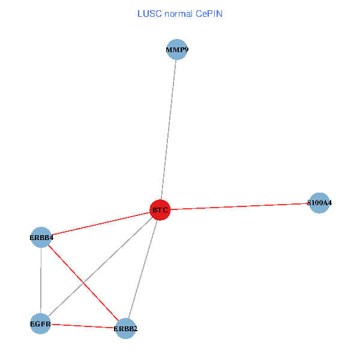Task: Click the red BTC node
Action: pyautogui.click(x=160, y=210)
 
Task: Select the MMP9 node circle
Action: pyautogui.click(x=176, y=50)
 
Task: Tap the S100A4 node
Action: pyautogui.click(x=319, y=203)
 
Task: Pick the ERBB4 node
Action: pyautogui.click(x=41, y=238)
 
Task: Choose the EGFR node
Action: pyautogui.click(x=40, y=324)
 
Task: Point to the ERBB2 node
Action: pyautogui.click(x=125, y=328)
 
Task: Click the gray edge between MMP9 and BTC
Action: pyautogui.click(x=168, y=130)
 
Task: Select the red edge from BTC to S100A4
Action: pyautogui.click(x=240, y=206)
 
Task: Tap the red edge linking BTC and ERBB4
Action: pyautogui.click(x=100, y=224)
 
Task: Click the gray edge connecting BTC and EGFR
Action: pyautogui.click(x=114, y=254)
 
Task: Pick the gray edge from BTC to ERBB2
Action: pyautogui.click(x=142, y=269)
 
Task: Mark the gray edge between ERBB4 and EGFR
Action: pyautogui.click(x=40, y=281)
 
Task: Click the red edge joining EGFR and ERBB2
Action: pyautogui.click(x=82, y=326)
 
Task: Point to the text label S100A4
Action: pyautogui.click(x=319, y=203)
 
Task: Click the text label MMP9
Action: pyautogui.click(x=176, y=50)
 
